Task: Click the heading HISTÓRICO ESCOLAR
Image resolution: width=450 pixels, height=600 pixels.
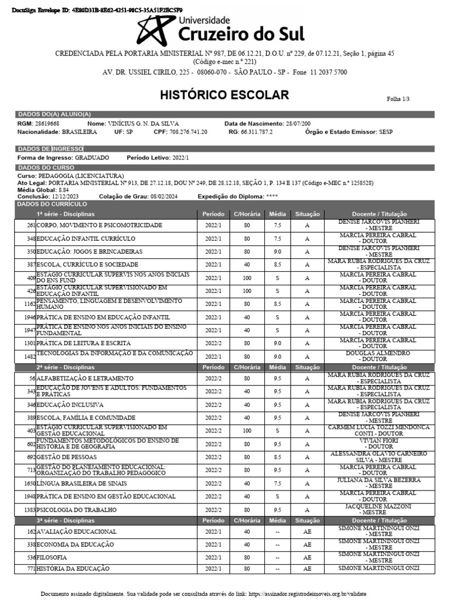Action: [x=225, y=95]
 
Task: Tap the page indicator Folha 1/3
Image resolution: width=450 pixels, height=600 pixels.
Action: [x=398, y=100]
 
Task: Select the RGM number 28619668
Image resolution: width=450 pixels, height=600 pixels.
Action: [x=47, y=124]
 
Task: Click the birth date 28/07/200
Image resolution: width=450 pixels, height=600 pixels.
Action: [x=298, y=124]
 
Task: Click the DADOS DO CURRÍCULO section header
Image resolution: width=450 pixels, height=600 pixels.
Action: [x=53, y=203]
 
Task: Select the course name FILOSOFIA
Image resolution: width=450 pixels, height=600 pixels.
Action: [x=52, y=557]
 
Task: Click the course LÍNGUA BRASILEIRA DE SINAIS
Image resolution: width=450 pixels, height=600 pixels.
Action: [x=80, y=483]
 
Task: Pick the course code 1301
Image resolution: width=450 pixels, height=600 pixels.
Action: [x=30, y=343]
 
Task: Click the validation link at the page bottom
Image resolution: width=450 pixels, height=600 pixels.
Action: [x=307, y=594]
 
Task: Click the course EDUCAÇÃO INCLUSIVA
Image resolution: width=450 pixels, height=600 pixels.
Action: [x=70, y=404]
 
